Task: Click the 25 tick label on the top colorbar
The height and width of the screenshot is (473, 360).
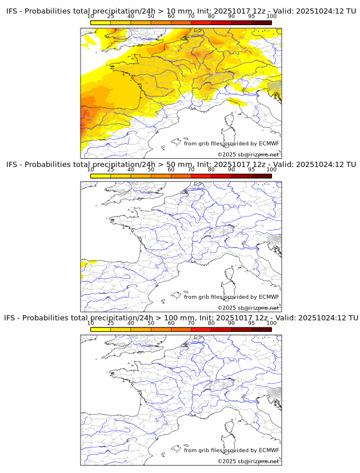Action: [111, 16]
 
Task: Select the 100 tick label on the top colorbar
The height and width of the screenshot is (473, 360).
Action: [271, 16]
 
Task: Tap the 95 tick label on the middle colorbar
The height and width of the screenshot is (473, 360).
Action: [251, 170]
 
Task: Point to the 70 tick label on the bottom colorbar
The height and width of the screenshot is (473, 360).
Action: [191, 323]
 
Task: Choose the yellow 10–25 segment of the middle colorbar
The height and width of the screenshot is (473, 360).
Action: [101, 176]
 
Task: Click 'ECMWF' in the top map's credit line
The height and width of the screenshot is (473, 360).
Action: [269, 143]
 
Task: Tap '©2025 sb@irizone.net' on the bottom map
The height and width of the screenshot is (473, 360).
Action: [248, 461]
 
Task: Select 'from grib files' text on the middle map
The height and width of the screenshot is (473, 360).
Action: [205, 297]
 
